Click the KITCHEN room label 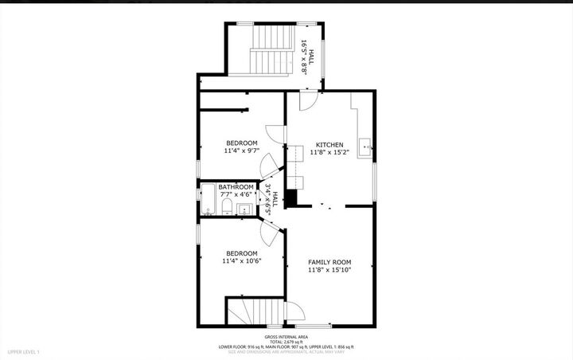329,145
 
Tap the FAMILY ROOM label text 329,262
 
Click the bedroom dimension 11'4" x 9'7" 242,151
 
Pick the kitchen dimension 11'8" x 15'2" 329,153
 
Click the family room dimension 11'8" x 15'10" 329,270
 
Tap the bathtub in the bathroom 209,200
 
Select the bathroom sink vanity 244,209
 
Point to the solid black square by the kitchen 291,198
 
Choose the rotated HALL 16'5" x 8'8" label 306,57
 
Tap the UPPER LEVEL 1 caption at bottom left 23,351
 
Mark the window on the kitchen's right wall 375,182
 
